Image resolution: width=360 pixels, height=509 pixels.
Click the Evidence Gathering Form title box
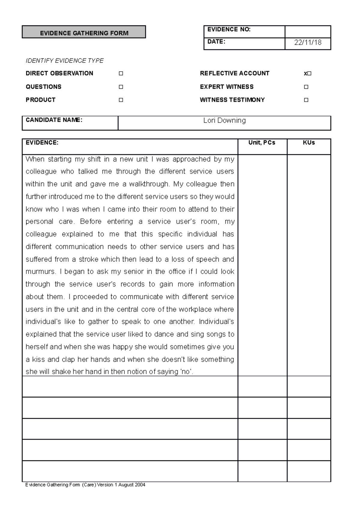click(84, 32)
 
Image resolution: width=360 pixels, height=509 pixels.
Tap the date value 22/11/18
click(308, 43)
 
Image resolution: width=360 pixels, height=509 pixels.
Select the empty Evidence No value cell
click(308, 31)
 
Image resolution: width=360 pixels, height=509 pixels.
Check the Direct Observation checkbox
click(121, 73)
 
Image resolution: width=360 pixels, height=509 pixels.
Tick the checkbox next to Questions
click(121, 87)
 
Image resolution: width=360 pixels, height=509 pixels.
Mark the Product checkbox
click(121, 100)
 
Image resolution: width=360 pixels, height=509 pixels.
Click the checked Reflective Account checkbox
click(309, 73)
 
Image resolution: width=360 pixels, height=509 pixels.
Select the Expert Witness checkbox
click(306, 87)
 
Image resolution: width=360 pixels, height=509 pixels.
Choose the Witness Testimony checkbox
click(306, 100)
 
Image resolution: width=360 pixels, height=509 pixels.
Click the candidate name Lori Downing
click(224, 121)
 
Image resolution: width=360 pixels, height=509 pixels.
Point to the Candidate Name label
click(54, 120)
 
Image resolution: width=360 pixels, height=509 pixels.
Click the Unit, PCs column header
click(262, 143)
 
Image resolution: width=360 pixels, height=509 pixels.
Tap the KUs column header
click(309, 143)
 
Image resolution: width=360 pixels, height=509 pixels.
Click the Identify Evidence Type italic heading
click(64, 61)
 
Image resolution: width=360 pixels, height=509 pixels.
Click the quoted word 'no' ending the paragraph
click(186, 372)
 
